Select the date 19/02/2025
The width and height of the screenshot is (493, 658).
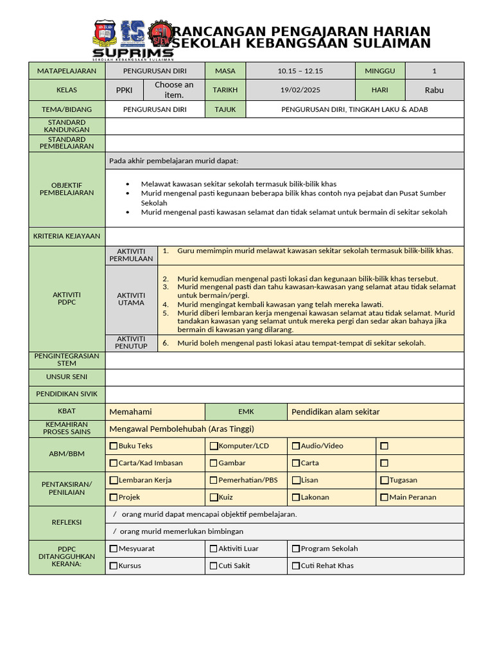(x=300, y=90)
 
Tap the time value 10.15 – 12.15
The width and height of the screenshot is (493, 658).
(x=300, y=71)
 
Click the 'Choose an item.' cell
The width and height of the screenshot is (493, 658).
(x=174, y=90)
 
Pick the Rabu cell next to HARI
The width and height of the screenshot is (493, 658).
(x=434, y=90)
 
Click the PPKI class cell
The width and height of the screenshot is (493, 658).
(x=124, y=90)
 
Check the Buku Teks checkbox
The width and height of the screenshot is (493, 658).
(x=114, y=446)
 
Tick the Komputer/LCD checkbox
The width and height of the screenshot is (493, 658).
(x=214, y=446)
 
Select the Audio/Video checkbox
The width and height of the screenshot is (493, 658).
(x=296, y=446)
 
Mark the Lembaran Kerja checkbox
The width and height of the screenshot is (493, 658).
(x=114, y=480)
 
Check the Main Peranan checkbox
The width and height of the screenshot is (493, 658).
(x=384, y=497)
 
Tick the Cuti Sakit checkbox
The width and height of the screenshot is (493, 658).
(x=214, y=566)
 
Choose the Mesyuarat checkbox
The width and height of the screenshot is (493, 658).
(x=114, y=549)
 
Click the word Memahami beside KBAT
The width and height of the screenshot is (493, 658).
(x=131, y=412)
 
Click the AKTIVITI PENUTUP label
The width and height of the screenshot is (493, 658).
(x=131, y=342)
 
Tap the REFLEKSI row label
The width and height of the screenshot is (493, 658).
(x=67, y=522)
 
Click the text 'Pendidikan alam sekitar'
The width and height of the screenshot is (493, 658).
(x=335, y=412)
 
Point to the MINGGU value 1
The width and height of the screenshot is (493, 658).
(x=434, y=71)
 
